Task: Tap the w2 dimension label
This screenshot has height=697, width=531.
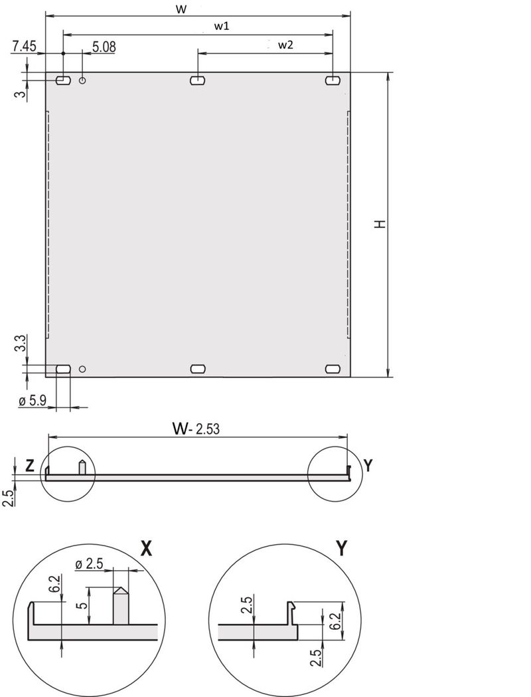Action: click(x=285, y=45)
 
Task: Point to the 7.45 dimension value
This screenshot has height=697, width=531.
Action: click(x=24, y=46)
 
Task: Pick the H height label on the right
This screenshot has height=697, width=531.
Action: click(x=379, y=225)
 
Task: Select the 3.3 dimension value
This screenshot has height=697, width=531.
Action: click(x=21, y=344)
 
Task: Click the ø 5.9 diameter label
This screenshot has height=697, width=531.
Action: click(x=31, y=401)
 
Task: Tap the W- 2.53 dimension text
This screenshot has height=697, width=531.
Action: click(x=196, y=429)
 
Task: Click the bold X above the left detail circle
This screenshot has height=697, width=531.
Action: click(x=147, y=548)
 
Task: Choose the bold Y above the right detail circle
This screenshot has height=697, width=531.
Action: click(x=341, y=548)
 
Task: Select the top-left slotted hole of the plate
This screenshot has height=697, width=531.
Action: click(x=63, y=80)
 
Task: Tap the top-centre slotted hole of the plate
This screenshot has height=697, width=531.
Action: click(x=198, y=80)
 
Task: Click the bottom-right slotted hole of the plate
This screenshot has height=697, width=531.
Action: click(x=332, y=369)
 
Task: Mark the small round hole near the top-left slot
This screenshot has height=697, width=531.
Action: click(x=82, y=80)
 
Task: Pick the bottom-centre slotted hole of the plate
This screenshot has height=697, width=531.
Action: click(x=198, y=369)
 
